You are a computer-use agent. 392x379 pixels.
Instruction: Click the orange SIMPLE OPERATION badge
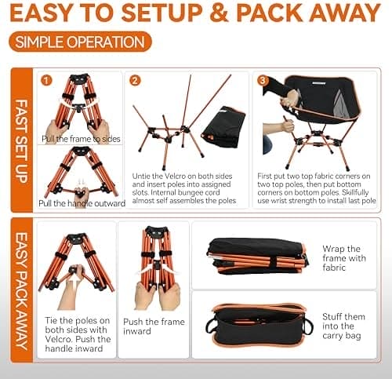(80, 42)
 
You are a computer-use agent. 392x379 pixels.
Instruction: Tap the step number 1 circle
(46, 81)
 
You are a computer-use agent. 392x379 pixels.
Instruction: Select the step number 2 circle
(135, 81)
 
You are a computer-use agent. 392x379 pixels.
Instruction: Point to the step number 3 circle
(263, 81)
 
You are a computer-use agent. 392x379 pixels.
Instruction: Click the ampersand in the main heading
(220, 13)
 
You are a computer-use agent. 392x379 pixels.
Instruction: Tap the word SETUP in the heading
(162, 13)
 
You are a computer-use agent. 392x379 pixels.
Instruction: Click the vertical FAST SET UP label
(22, 140)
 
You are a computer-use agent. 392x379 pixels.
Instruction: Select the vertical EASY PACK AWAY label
(22, 290)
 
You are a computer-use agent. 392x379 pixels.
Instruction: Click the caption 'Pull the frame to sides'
(81, 139)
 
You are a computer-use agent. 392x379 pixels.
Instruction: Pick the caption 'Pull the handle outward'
(82, 203)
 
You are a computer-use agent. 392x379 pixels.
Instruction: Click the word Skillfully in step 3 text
(355, 192)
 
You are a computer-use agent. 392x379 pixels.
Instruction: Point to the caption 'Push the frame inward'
(154, 326)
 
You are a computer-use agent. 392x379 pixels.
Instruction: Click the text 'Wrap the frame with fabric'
(344, 258)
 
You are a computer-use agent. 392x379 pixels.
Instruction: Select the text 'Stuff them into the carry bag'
(343, 326)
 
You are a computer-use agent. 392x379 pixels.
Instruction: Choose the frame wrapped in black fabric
(258, 257)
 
